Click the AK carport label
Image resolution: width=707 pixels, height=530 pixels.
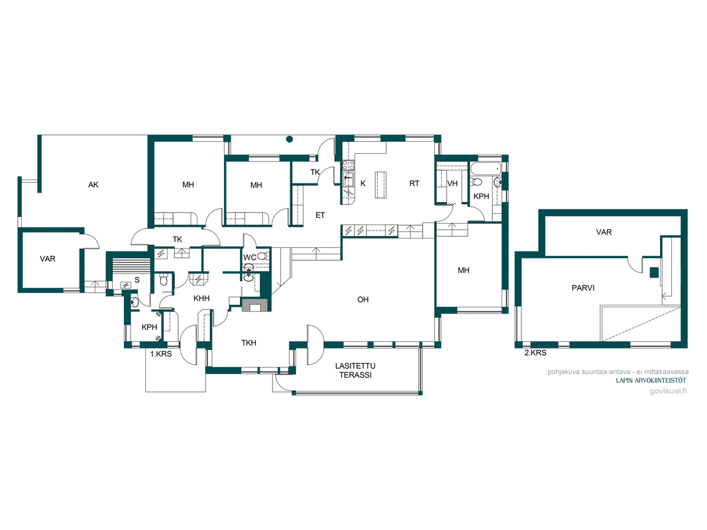coord(93,185)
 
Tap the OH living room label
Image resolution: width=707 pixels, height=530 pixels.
coord(363,299)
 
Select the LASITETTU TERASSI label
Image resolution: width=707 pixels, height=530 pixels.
coord(355,370)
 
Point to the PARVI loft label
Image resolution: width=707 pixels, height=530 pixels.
coord(583,288)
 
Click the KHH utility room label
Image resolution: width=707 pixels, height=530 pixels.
coord(201,298)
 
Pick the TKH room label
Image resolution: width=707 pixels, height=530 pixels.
coord(248,343)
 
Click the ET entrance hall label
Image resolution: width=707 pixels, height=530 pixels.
coord(320,215)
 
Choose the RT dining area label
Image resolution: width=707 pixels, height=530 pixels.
coord(414,184)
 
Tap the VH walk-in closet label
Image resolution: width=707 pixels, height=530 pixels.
coord(453,184)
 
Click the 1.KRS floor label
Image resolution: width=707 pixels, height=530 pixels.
coord(161,354)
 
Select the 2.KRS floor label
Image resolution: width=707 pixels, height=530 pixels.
coord(535,353)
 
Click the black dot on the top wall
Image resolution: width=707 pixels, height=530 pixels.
coord(290,139)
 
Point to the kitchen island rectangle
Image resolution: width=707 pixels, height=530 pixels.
coord(381,185)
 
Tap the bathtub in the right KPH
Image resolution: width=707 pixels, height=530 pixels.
coord(486,169)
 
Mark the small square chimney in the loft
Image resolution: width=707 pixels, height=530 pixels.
coord(654,272)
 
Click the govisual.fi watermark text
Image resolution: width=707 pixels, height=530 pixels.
coord(668,391)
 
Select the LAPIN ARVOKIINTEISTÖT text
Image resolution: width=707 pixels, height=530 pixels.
coord(651,381)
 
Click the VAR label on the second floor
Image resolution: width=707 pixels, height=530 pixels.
coord(604,232)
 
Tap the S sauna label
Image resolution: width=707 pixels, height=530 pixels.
coord(137,280)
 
